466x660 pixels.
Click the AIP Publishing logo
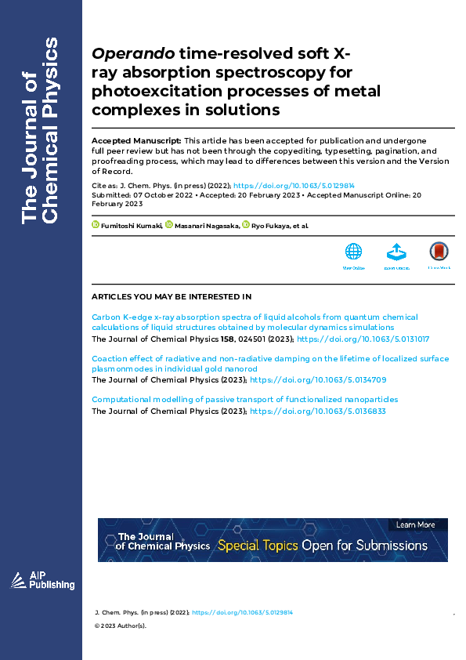(42, 580)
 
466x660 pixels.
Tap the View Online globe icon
(354, 252)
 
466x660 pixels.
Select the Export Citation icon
(396, 252)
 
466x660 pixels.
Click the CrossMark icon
(439, 252)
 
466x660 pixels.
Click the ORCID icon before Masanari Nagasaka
(168, 226)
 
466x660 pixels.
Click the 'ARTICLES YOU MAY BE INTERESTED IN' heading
(172, 297)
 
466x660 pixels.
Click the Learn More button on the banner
(416, 524)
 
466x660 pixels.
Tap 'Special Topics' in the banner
(258, 546)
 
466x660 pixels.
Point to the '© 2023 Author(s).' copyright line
(120, 626)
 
